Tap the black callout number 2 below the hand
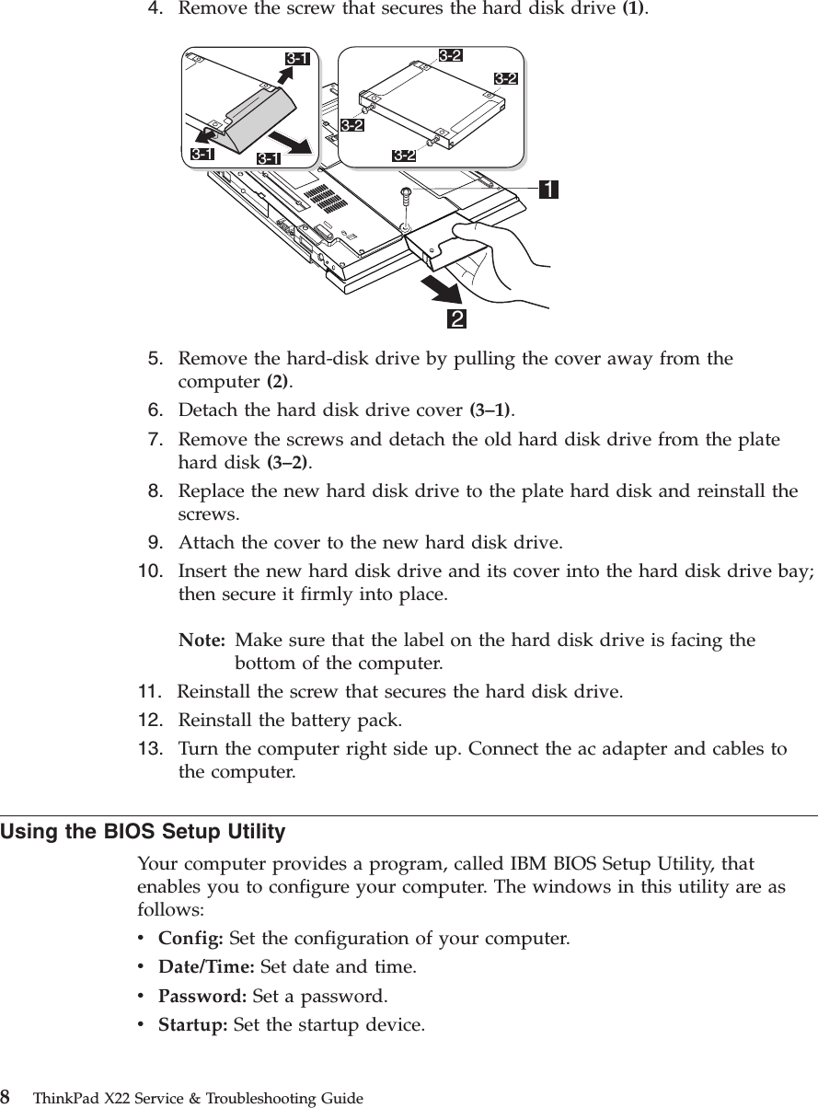coord(455,318)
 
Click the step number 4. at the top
coord(157,9)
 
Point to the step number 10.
coord(152,570)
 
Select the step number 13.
coord(152,748)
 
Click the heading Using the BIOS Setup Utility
coord(143,833)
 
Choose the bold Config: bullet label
coord(191,940)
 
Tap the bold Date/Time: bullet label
coord(208,967)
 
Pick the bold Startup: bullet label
coord(194,1024)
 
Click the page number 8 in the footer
coord(6,1097)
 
